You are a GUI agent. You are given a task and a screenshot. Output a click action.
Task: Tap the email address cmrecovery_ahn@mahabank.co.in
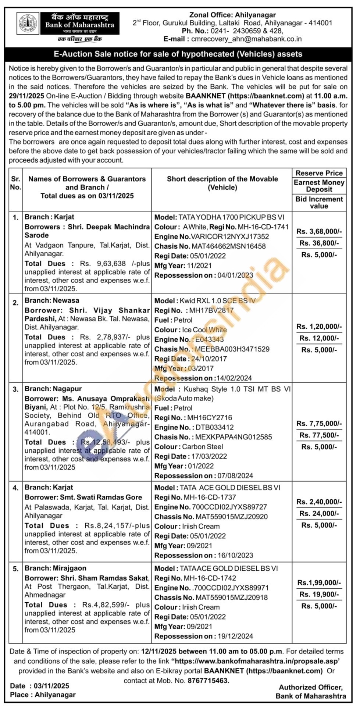tap(246, 39)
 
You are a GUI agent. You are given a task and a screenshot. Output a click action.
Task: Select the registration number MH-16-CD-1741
tap(263, 227)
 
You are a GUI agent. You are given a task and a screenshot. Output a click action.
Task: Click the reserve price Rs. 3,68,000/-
tap(319, 231)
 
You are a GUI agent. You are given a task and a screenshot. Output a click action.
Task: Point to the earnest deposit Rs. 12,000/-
tap(319, 338)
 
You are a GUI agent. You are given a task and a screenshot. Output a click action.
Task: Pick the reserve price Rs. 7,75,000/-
tap(319, 424)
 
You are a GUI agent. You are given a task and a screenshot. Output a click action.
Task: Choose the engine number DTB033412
tap(214, 427)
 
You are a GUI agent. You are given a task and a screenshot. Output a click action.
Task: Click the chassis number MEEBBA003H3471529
tap(232, 349)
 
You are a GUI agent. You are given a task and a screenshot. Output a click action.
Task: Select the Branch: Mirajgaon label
tap(55, 568)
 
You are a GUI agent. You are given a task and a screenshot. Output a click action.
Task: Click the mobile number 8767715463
tap(208, 680)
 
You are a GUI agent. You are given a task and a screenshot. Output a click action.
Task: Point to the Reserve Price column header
tap(319, 173)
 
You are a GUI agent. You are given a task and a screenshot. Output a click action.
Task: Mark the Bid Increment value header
tap(319, 202)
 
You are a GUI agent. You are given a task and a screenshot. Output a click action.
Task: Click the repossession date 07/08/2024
tap(235, 475)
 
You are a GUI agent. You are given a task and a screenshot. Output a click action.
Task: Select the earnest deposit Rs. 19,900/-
tap(319, 594)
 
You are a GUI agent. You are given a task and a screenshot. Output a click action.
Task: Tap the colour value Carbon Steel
tap(203, 446)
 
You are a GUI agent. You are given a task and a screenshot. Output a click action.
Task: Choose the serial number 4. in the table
tap(15, 488)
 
